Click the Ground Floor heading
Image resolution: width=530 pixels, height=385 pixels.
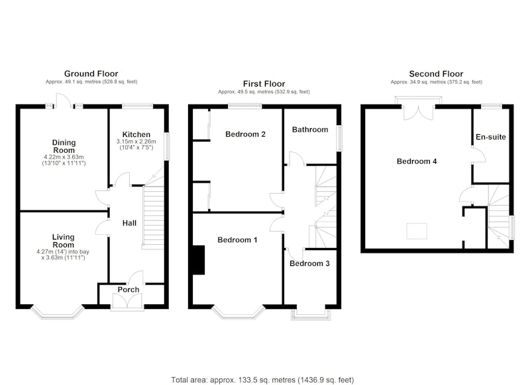click(91, 73)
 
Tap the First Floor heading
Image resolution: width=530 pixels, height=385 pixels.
click(264, 83)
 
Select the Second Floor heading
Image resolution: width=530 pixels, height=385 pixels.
click(436, 73)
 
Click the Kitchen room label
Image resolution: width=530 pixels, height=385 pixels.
click(136, 134)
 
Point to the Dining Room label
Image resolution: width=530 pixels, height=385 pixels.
click(64, 146)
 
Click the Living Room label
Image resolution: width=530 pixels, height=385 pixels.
click(63, 241)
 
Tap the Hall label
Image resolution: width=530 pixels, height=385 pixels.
click(129, 223)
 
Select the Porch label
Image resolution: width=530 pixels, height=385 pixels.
click(129, 290)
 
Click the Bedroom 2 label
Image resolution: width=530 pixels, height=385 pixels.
click(245, 134)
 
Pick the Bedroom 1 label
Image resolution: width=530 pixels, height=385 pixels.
click(237, 240)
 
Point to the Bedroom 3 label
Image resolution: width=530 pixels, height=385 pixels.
click(309, 263)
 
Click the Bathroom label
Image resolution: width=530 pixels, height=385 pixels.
click(310, 130)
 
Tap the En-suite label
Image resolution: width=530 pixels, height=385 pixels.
click(491, 137)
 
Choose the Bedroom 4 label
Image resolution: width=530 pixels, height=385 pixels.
click(417, 161)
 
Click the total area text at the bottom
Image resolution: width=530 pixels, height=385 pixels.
click(262, 380)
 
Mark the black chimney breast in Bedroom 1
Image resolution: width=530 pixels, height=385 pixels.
click(199, 260)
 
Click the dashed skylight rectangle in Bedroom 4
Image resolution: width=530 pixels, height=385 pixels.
click(417, 231)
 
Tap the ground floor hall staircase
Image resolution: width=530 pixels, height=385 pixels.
click(154, 217)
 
